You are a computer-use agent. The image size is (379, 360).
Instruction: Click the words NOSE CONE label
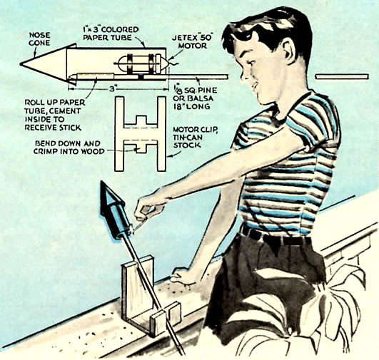pyautogui.click(x=40, y=39)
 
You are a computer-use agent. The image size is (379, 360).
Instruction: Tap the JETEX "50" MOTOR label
pyautogui.click(x=193, y=41)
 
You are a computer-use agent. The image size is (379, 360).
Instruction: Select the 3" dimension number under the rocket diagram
pyautogui.click(x=112, y=89)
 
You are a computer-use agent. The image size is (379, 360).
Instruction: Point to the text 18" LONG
pyautogui.click(x=191, y=106)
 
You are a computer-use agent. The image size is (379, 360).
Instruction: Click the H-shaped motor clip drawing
pyautogui.click(x=140, y=134)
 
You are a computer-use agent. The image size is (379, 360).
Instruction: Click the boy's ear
pyautogui.click(x=288, y=52)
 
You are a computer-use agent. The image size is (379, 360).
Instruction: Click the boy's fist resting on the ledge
pyautogui.click(x=181, y=276)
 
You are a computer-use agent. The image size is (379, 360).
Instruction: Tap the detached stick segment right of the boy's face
pyautogui.click(x=342, y=77)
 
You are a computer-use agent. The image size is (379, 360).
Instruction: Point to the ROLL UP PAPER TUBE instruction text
pyautogui.click(x=55, y=115)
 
